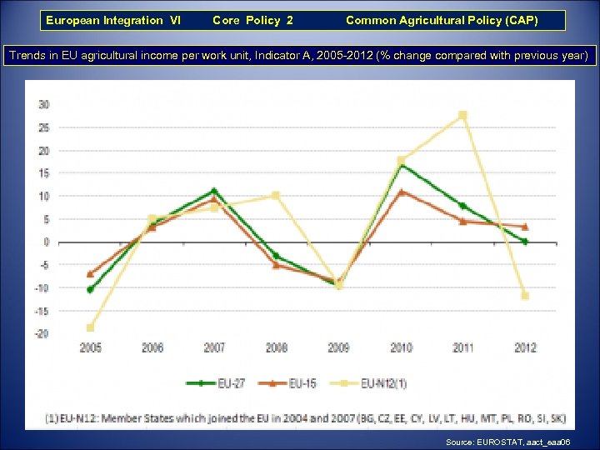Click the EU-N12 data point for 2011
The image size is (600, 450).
click(462, 115)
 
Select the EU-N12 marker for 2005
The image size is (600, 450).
click(90, 327)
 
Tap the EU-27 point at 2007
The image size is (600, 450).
click(214, 191)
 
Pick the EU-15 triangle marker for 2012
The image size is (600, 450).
click(525, 227)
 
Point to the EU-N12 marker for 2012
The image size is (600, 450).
click(525, 296)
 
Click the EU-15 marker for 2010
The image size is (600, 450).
click(401, 192)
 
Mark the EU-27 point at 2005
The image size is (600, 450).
click(90, 290)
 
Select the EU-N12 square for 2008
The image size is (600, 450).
click(276, 196)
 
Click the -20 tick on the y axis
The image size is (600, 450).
click(42, 333)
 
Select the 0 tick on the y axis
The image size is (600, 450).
click(46, 242)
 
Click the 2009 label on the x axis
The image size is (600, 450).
click(338, 347)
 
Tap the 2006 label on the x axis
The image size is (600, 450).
click(152, 347)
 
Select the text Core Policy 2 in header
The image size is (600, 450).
click(252, 20)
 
